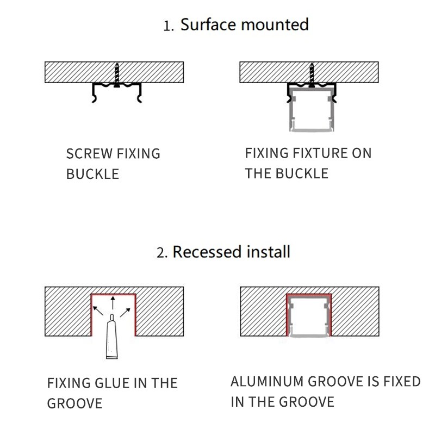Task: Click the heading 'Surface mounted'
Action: coord(244,24)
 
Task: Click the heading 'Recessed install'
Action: coord(231,252)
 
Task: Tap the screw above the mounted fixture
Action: coord(312,74)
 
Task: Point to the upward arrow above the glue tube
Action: coord(113,302)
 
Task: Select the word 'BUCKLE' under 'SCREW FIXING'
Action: coord(92,174)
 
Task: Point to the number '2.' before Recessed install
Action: coord(161,253)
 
